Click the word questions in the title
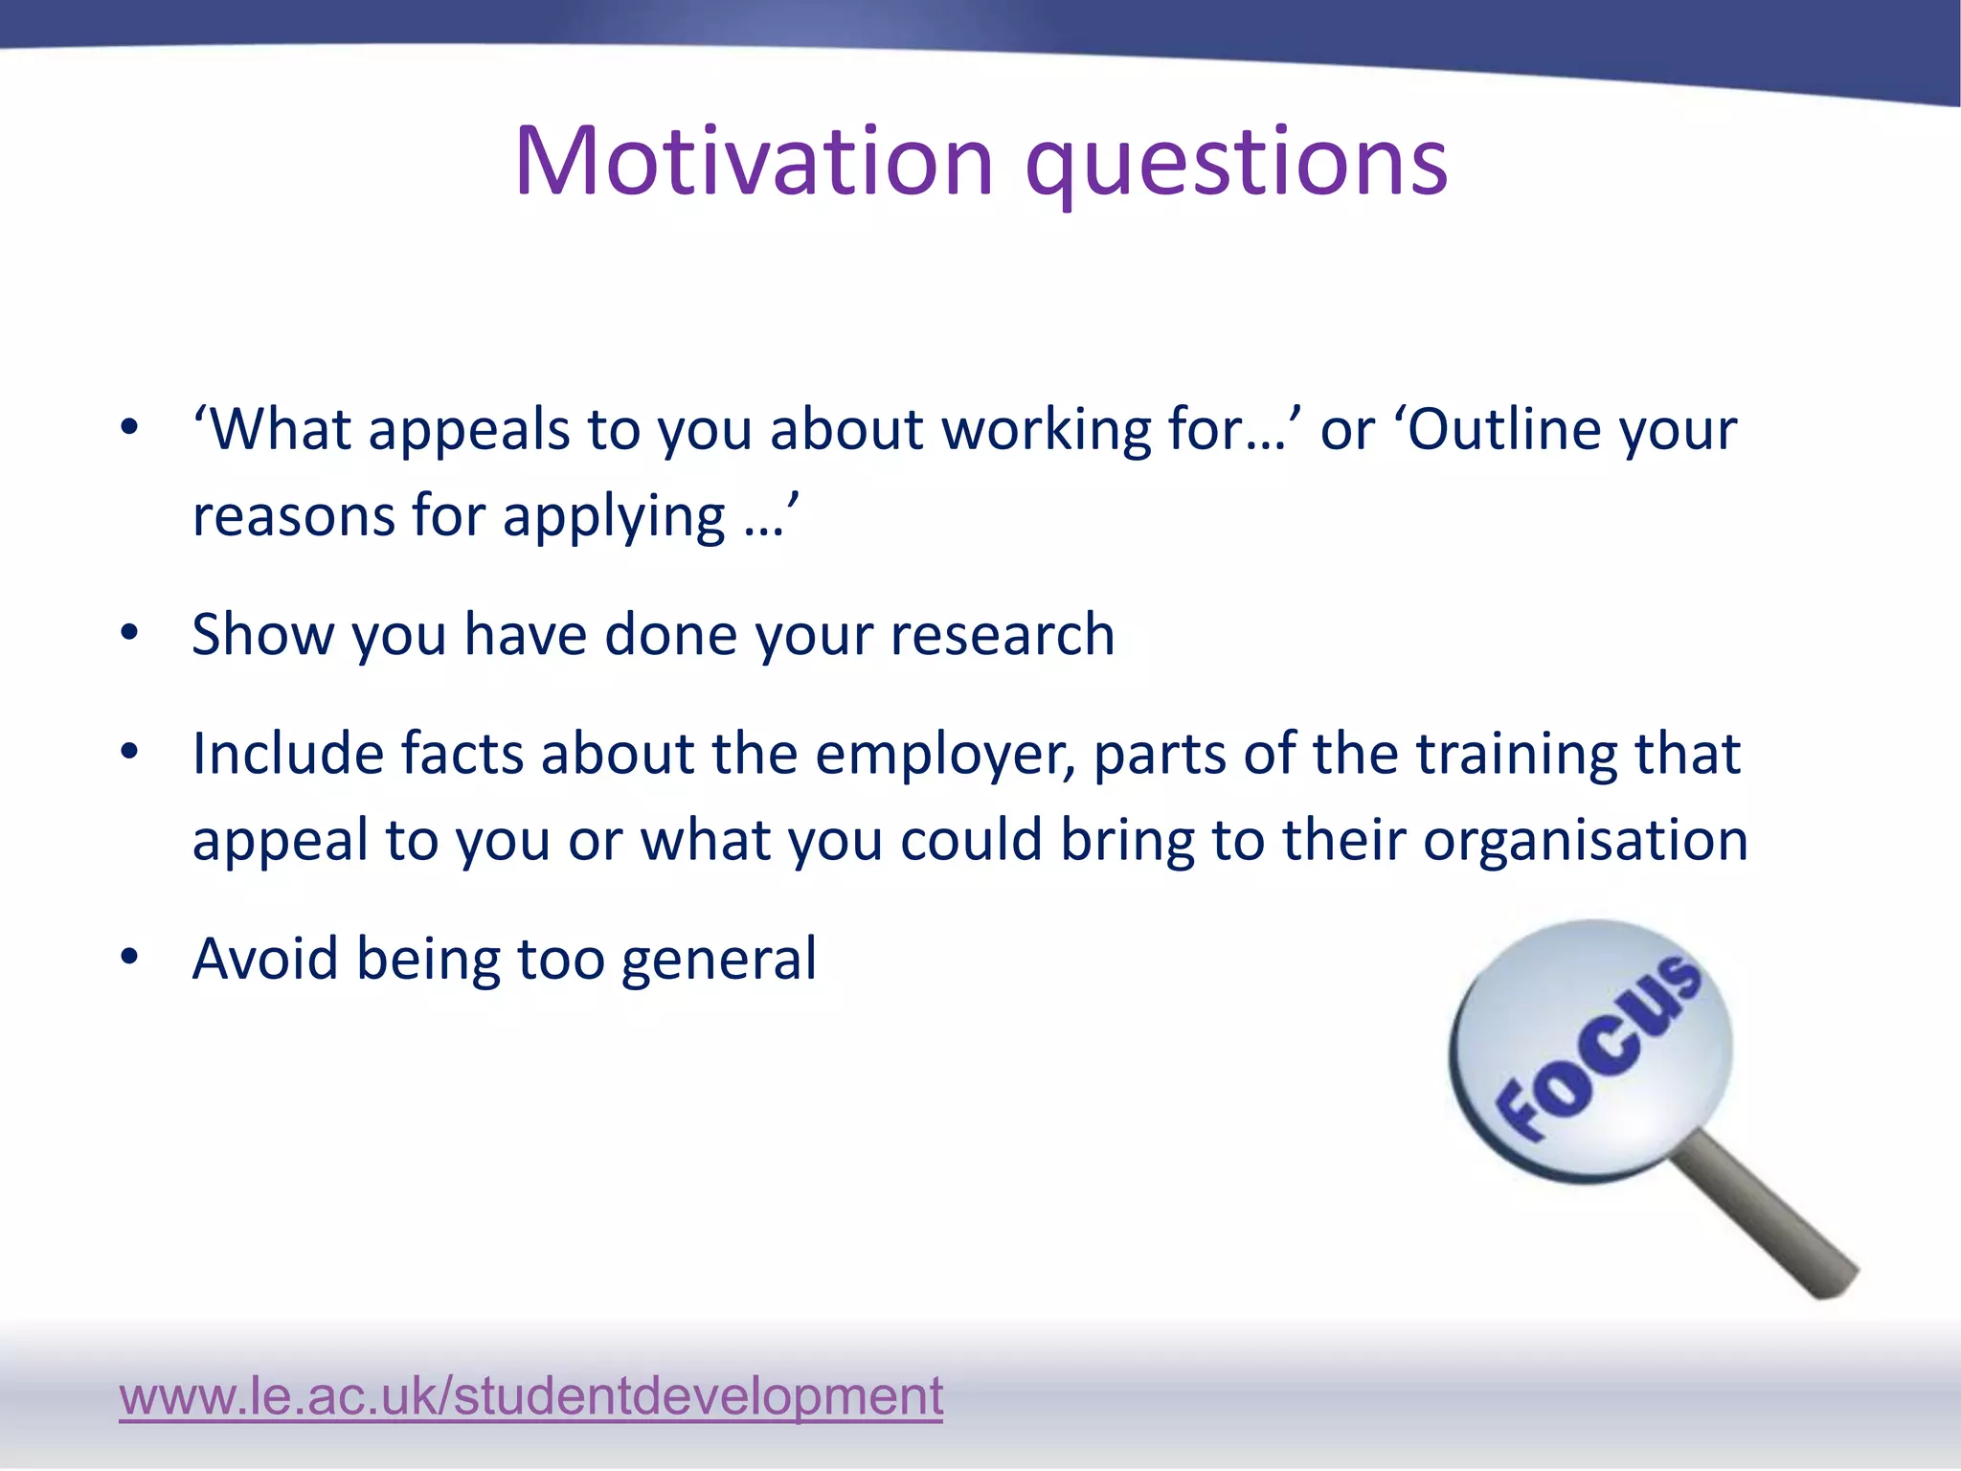[x=1236, y=165]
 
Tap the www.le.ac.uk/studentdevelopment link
[x=530, y=1395]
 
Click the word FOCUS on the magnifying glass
[x=1597, y=1049]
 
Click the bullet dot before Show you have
[x=130, y=632]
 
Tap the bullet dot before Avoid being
[x=130, y=956]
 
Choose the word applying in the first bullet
[x=614, y=517]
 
